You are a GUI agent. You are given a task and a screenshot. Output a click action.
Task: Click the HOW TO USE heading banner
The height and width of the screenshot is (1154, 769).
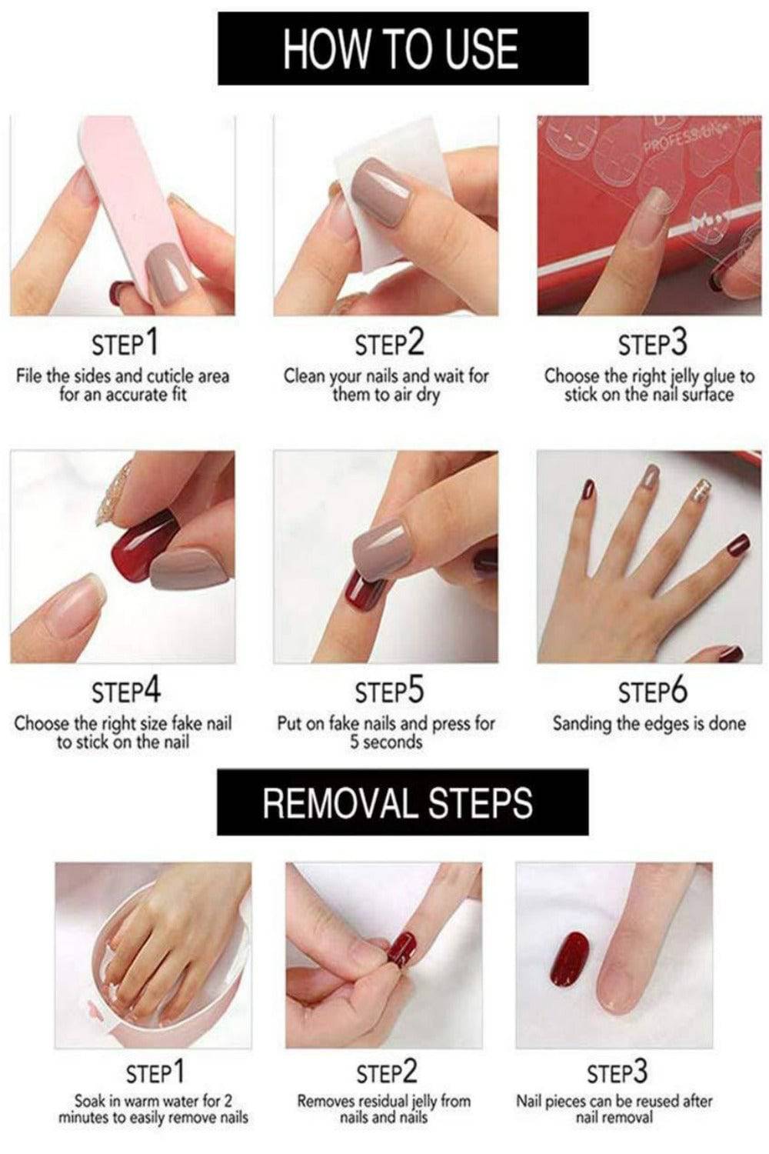[403, 48]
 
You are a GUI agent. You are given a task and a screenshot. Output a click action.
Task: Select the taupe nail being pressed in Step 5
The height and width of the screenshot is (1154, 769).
[381, 548]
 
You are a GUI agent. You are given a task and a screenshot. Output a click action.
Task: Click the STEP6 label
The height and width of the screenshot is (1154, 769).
[653, 691]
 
